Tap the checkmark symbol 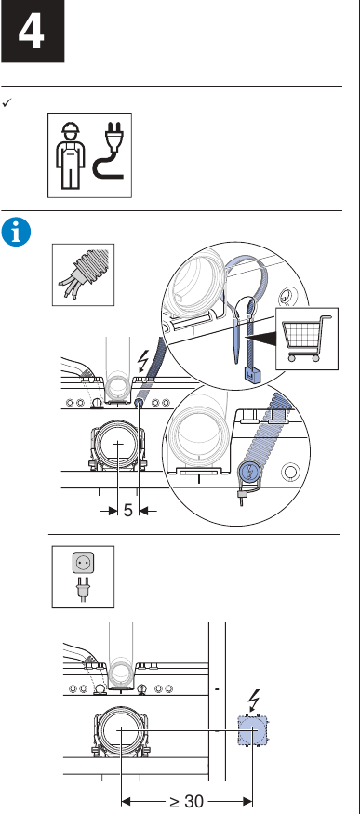[x=7, y=102]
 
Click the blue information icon [x=16, y=232]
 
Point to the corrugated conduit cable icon [x=83, y=275]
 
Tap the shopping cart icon [x=306, y=338]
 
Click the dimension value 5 [x=128, y=511]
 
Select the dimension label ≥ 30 [x=186, y=801]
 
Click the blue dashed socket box [x=252, y=730]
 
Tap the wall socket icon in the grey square [x=83, y=563]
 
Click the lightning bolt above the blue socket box [x=254, y=701]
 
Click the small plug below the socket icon [x=82, y=589]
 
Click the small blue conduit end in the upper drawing [x=139, y=403]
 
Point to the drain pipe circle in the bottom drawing [x=121, y=729]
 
